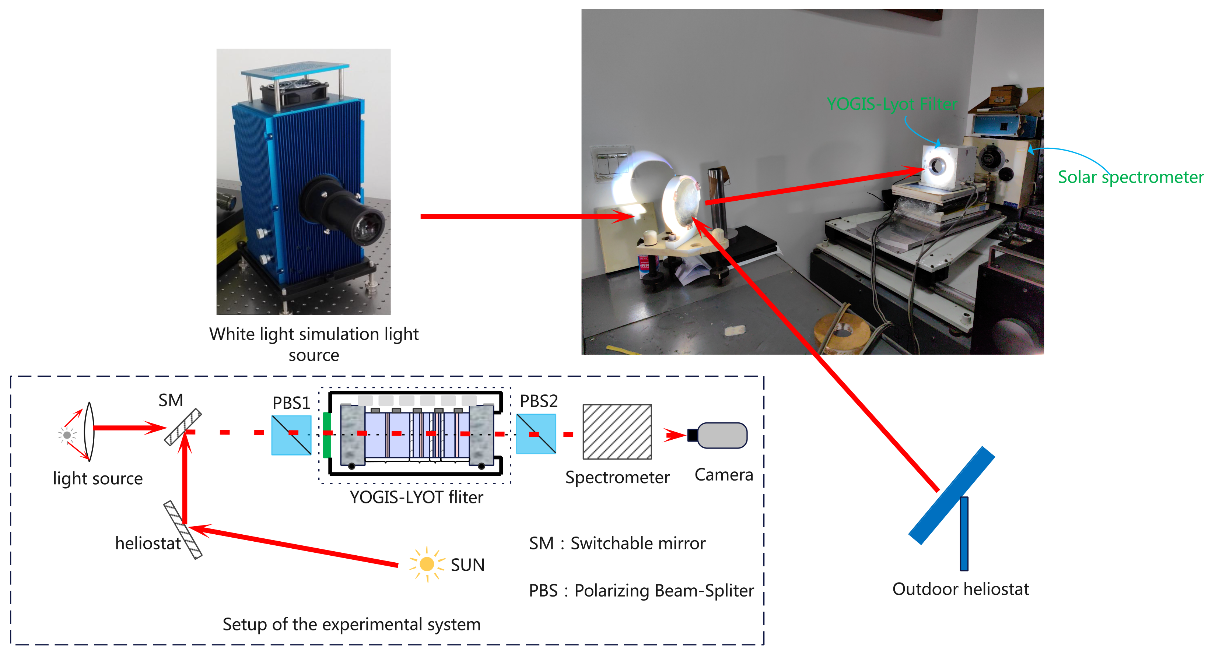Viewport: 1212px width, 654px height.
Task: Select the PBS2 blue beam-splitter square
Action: pos(536,433)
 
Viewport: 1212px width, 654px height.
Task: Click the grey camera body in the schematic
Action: pos(722,435)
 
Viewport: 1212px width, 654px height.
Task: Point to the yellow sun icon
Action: pos(427,564)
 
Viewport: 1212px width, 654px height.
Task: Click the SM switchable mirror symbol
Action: pos(183,427)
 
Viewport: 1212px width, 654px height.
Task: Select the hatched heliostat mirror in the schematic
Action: pos(183,530)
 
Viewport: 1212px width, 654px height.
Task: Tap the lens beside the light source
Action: pos(89,431)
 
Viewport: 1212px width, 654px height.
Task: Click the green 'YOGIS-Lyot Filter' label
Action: pos(892,104)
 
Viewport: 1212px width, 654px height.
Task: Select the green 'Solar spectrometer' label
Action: pos(1131,177)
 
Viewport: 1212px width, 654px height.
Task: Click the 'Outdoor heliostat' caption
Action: pos(960,589)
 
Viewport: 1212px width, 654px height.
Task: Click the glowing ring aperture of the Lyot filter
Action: pos(937,165)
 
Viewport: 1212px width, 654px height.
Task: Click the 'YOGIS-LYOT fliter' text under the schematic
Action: pos(416,497)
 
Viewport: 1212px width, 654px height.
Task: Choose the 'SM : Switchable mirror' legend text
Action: pos(617,544)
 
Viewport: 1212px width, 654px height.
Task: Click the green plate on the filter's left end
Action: pos(326,435)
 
